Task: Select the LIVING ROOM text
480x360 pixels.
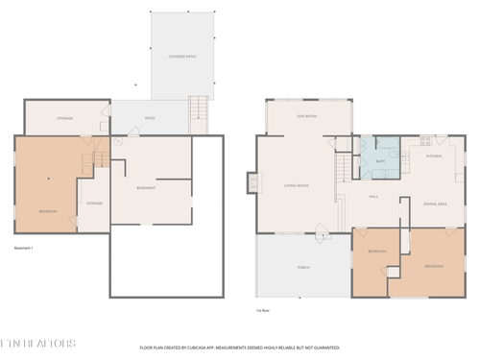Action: tap(296, 185)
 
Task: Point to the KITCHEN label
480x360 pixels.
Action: tap(432, 156)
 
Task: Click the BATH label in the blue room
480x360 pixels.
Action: tap(380, 162)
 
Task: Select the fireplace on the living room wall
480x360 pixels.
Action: tap(252, 181)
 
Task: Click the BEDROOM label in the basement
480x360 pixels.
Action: tap(48, 211)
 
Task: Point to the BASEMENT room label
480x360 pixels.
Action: tap(147, 188)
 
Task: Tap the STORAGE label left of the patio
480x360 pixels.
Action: tap(64, 118)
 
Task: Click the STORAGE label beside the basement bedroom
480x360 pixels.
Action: tap(94, 204)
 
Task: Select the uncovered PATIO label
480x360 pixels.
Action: tap(150, 119)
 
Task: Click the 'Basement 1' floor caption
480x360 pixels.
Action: tap(24, 249)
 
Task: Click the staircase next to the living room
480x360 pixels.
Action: tap(342, 171)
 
